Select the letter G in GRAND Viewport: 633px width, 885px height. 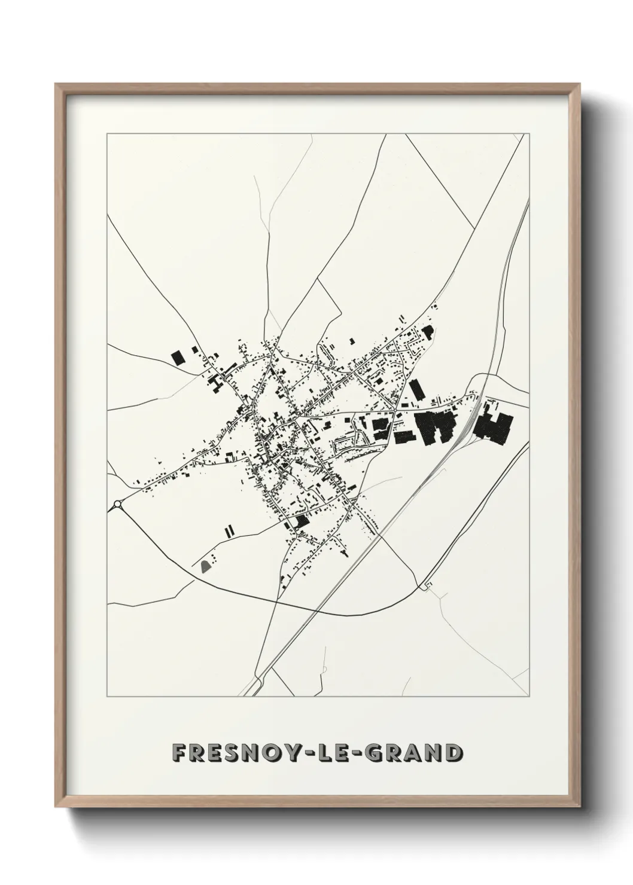tap(378, 753)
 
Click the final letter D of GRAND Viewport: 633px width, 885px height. tap(452, 753)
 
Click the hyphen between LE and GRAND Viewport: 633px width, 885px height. tap(363, 753)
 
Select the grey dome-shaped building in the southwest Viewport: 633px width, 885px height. tap(206, 565)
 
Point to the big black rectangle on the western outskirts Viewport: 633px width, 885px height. tap(178, 358)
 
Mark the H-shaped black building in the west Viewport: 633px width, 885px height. tap(216, 383)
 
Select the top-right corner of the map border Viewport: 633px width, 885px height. tap(530, 134)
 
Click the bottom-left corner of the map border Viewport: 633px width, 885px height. tap(107, 697)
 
